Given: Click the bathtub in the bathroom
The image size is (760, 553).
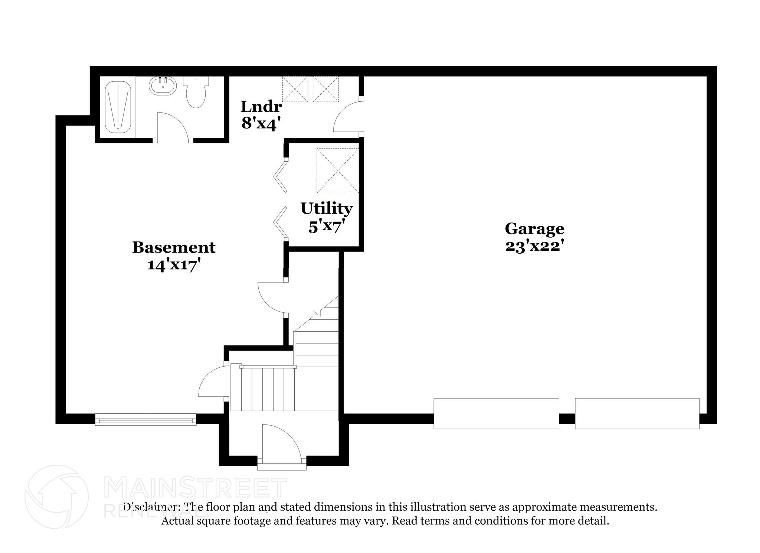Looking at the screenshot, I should click(118, 107).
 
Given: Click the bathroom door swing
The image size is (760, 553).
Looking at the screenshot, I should click(173, 126).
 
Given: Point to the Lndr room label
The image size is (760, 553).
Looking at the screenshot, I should click(261, 107).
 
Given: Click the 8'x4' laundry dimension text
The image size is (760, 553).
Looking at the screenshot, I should click(260, 123).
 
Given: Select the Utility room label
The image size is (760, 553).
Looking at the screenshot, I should click(326, 208).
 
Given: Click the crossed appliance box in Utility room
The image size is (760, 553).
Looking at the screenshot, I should click(338, 170).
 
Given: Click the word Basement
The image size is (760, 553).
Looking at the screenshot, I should click(174, 247).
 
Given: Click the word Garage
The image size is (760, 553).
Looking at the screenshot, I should click(534, 228).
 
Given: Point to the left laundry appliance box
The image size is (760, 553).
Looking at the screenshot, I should click(295, 89).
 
